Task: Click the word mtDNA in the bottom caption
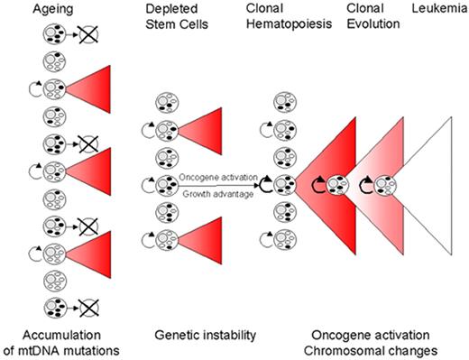(61, 347)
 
